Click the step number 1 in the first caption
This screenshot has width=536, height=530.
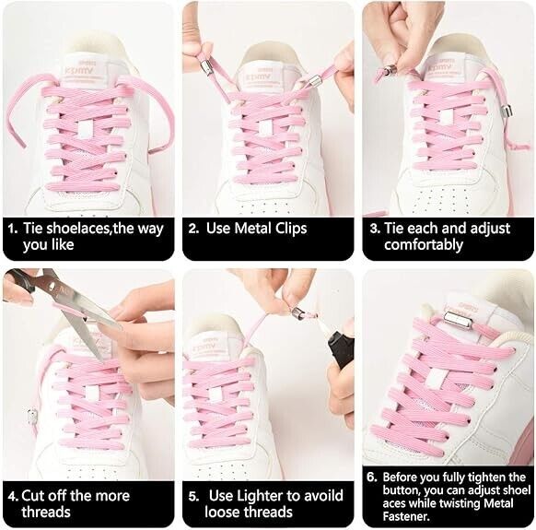[12, 229]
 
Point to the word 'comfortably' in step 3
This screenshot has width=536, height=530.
[424, 244]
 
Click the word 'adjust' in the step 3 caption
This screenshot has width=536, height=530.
[490, 229]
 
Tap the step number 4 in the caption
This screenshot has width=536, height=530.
[12, 497]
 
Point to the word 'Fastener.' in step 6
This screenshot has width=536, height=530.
[406, 516]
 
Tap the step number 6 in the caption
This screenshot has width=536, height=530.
[372, 477]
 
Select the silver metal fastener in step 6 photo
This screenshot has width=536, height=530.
[459, 320]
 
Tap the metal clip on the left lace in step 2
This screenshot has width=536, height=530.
[206, 66]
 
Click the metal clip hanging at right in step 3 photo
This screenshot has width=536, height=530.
[506, 112]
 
